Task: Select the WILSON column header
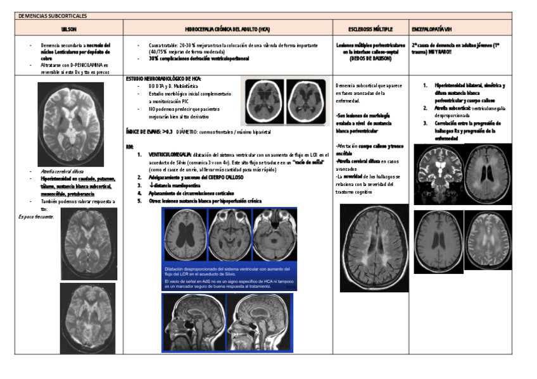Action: [68, 30]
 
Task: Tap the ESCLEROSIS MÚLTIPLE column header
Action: [370, 30]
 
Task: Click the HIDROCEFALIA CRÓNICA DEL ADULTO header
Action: [227, 30]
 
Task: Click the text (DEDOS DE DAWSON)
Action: [370, 59]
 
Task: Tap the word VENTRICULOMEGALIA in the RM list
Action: [168, 154]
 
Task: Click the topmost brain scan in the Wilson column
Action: [70, 124]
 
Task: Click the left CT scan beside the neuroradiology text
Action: [263, 101]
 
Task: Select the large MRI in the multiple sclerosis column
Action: [374, 247]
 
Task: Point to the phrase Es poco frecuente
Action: [36, 216]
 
